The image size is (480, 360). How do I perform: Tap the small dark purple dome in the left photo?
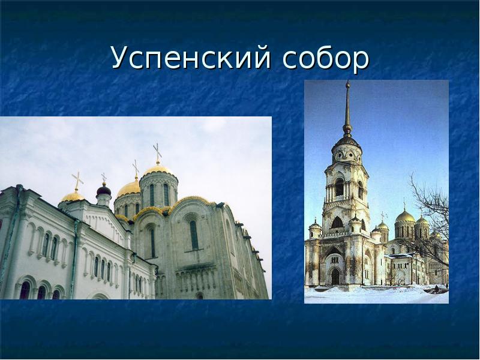104,191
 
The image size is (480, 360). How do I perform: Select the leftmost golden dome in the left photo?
73,196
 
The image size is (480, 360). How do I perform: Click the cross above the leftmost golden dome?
77,179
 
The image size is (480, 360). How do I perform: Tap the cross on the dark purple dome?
103,178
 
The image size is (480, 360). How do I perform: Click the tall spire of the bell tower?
347,108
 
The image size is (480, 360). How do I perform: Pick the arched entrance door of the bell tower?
335,277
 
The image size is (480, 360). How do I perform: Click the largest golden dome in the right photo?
405,217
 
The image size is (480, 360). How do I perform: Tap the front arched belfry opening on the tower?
340,188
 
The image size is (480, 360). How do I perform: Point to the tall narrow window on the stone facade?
194,235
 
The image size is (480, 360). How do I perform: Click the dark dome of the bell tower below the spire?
347,142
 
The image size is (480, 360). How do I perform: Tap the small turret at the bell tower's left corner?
314,229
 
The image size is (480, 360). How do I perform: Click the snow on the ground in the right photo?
372,294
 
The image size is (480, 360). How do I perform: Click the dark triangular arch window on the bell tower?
337,223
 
